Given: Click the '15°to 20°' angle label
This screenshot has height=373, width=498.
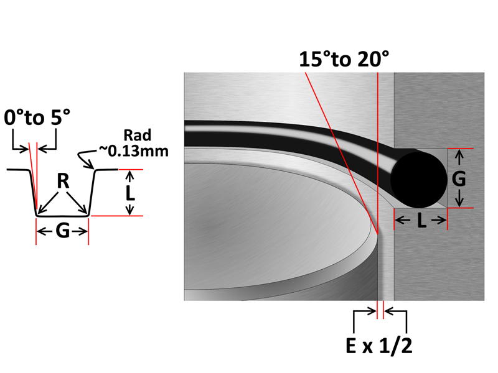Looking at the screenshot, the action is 344,59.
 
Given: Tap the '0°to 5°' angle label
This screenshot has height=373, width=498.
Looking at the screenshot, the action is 37,117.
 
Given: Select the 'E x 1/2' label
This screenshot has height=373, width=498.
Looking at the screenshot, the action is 379,346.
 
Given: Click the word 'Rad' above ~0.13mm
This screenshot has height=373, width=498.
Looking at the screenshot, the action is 137,136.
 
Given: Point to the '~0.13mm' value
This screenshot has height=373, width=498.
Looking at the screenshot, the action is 134,151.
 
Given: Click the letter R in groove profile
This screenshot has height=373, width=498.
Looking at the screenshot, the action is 63,182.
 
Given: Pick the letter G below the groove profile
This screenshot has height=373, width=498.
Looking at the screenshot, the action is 63,231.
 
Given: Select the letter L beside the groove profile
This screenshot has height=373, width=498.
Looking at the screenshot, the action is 130,193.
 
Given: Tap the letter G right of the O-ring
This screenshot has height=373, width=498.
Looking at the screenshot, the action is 459,178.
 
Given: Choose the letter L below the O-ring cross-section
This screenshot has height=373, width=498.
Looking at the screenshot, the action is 421,221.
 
